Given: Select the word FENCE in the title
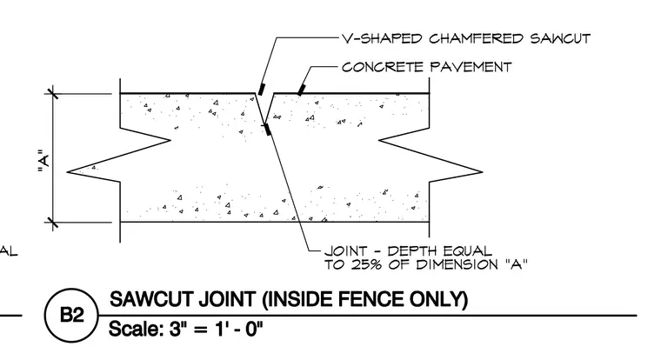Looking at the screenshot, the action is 372,299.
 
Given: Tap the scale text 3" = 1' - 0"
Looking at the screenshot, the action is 216,329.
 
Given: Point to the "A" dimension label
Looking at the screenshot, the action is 43,161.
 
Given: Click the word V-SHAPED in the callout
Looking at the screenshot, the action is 382,39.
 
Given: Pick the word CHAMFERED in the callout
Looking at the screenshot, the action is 476,39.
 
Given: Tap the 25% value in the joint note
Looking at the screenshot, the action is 364,264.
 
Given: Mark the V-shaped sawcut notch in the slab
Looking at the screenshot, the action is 264,109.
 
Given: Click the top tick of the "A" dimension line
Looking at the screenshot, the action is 53,93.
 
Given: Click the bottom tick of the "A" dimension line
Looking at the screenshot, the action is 53,222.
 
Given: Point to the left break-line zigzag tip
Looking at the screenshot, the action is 68,171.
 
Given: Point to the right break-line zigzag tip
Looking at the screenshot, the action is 482,171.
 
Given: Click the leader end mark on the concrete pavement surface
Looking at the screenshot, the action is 301,90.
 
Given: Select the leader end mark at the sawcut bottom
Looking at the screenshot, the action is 268,130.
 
